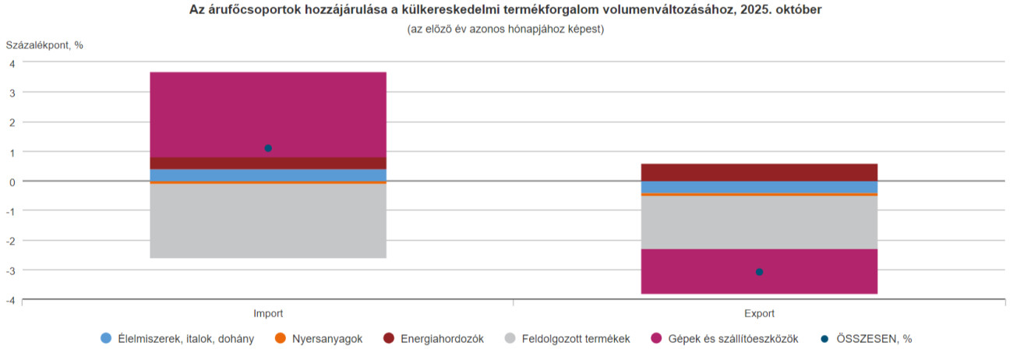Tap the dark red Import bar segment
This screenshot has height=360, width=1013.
coord(267,163)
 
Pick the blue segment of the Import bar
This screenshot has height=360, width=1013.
coord(267,175)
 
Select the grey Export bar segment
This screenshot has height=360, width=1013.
coord(759,222)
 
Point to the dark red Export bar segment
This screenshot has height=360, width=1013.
coord(759,172)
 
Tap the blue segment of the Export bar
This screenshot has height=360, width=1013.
coord(759,187)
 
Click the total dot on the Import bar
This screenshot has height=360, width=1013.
coord(268,148)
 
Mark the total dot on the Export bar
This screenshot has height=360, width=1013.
coord(759,272)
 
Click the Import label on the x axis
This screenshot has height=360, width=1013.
coord(268,313)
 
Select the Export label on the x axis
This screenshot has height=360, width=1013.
coord(759,313)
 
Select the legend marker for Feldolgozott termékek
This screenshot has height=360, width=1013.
coord(510,339)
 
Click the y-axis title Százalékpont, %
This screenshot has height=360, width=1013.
coord(44,44)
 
